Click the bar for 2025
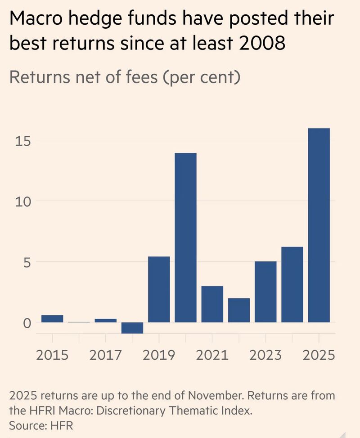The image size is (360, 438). point(319,225)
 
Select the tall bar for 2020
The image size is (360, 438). point(185,237)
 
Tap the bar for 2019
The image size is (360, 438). point(159,289)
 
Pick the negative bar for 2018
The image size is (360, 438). point(132,328)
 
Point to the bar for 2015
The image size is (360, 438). point(52,319)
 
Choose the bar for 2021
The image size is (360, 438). point(212,304)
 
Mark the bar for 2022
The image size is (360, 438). point(238,310)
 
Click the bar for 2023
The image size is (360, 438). point(265,292)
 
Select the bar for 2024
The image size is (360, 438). point(292,285)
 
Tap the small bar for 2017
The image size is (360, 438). point(106,320)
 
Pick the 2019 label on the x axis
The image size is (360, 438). point(159,355)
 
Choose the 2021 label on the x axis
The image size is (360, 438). point(212,355)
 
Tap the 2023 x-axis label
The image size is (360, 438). point(265,355)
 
